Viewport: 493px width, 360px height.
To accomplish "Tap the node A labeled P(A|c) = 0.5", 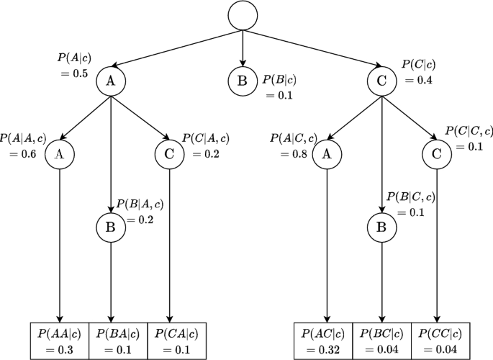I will (111, 81).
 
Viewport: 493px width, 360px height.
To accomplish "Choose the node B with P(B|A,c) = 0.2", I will (111, 227).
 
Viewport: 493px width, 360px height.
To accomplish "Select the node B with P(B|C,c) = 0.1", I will (381, 227).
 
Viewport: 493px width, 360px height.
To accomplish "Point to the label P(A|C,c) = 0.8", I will (291, 145).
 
